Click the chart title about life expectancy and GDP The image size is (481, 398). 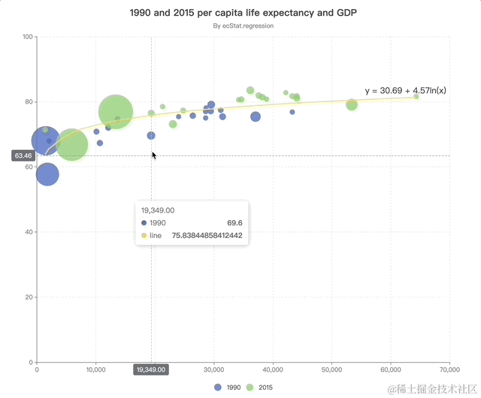(243, 13)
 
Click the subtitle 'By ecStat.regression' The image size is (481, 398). (243, 26)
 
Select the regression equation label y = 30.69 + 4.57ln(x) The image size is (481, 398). (406, 91)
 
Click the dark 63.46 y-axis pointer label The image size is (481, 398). (23, 155)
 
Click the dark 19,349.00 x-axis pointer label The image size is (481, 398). (150, 369)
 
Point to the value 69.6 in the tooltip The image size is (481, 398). (234, 223)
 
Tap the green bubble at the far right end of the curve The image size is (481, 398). (416, 96)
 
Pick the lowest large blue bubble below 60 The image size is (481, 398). (47, 174)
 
